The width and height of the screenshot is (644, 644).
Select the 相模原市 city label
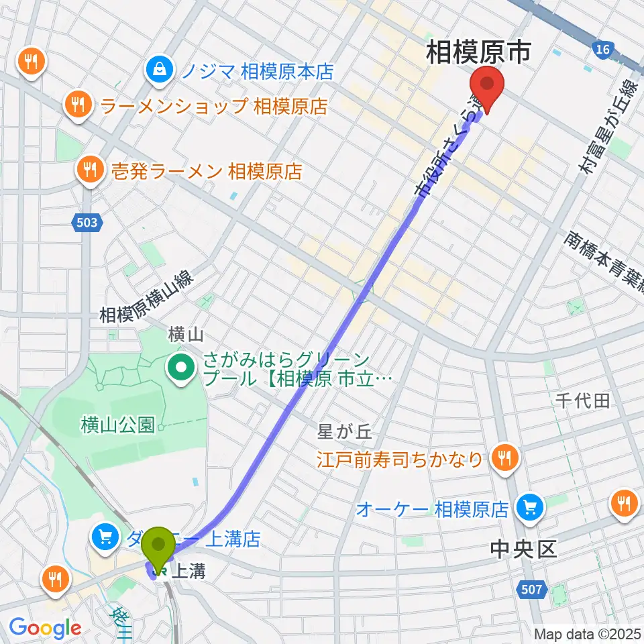479,52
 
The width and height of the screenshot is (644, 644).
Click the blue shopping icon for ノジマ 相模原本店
161,70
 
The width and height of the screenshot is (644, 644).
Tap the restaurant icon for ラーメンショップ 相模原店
78,105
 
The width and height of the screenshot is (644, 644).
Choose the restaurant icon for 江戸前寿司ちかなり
504,459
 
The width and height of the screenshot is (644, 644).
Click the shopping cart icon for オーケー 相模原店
530,508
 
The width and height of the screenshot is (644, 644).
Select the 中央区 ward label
523,549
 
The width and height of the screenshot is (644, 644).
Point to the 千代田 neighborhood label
582,401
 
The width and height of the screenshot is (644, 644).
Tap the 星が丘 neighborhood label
344,433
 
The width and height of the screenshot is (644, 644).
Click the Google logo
45,628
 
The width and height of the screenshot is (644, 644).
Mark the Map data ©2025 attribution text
588,633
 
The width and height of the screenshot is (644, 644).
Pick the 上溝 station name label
188,572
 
